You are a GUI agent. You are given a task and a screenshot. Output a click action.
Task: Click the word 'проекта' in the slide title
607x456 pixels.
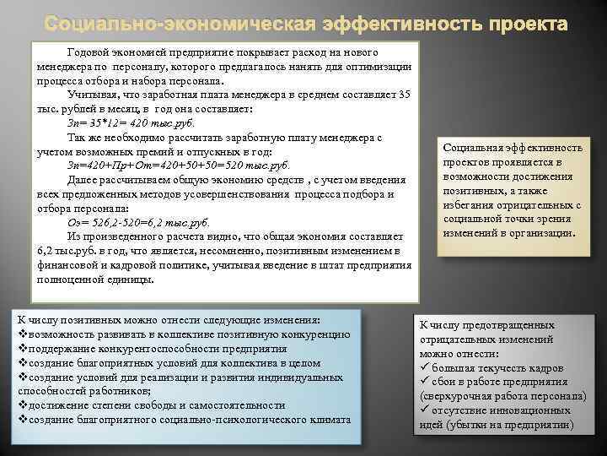522,21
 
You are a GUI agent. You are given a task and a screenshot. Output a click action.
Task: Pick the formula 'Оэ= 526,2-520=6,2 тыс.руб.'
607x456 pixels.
139,222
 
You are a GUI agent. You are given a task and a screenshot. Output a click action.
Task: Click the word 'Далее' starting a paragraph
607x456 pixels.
83,179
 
